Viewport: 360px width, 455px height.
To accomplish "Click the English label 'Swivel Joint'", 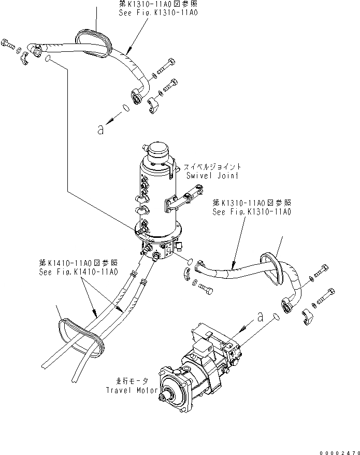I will pos(212,176).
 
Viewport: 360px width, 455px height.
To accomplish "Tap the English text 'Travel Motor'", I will pos(129,390).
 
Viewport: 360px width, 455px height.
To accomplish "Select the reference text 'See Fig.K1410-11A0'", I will pos(78,271).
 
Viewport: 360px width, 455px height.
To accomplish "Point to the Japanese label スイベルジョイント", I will pos(212,167).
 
